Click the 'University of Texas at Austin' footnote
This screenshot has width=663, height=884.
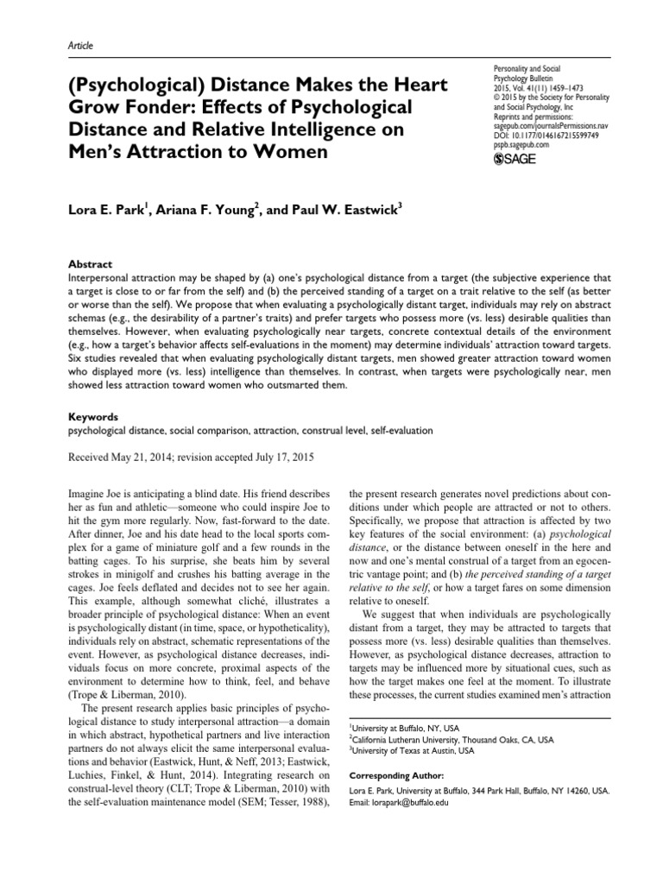(x=403, y=751)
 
